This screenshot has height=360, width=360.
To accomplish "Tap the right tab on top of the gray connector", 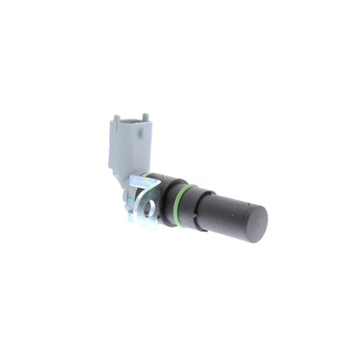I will [144, 117].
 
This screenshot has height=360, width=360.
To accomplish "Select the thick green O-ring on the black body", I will [179, 204].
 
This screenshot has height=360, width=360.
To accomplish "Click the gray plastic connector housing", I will [127, 143].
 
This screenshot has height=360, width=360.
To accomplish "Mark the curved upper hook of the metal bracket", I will [137, 182].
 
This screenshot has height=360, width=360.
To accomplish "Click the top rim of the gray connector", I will [129, 121].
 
